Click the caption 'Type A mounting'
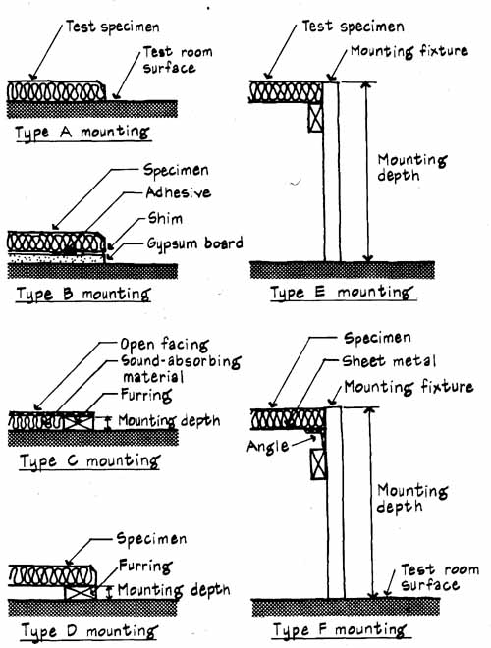click(82, 134)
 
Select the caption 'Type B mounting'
click(82, 295)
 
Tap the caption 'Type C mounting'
click(89, 461)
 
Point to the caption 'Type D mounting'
click(89, 631)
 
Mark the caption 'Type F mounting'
click(339, 630)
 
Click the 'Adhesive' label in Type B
click(178, 192)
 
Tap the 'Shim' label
click(165, 218)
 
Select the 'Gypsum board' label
click(194, 243)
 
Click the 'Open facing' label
click(164, 345)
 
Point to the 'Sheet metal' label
click(389, 361)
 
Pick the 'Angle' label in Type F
click(268, 447)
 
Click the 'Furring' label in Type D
click(145, 567)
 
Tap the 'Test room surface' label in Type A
click(178, 60)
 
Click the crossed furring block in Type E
click(316, 118)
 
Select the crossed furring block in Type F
click(318, 464)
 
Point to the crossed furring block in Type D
click(80, 592)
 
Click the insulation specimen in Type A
click(56, 91)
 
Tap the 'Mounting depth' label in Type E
click(412, 167)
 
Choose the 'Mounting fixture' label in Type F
click(409, 387)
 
